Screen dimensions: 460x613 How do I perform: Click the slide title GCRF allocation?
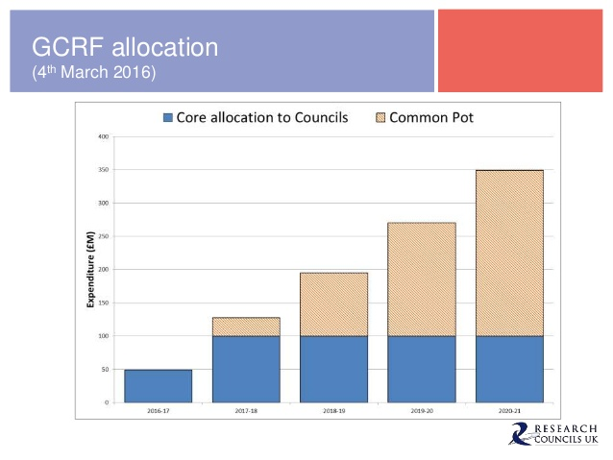click(x=125, y=46)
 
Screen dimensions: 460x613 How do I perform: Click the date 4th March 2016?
click(x=93, y=72)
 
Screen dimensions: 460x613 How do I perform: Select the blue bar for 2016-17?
click(x=158, y=385)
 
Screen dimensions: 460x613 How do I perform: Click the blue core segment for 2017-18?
click(x=246, y=369)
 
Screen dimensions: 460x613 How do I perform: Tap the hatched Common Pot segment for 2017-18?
click(x=246, y=327)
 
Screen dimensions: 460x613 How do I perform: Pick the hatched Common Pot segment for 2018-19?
click(x=333, y=304)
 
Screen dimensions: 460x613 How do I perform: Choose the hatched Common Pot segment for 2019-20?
click(x=422, y=279)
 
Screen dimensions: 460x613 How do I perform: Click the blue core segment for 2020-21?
click(x=509, y=369)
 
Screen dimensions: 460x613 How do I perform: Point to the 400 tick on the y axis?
click(x=102, y=136)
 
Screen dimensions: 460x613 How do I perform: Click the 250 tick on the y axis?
click(x=102, y=236)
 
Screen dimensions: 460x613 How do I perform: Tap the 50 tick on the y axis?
click(x=103, y=369)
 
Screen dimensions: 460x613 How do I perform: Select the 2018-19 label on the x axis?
click(x=333, y=412)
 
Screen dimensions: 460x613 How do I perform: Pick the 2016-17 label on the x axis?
click(x=158, y=412)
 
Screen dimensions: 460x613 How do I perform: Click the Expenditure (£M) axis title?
click(x=89, y=269)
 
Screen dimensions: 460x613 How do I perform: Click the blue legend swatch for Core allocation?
click(x=168, y=118)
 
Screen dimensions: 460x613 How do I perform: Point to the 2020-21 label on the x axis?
click(x=509, y=412)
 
